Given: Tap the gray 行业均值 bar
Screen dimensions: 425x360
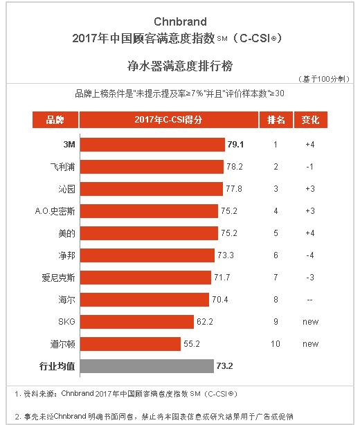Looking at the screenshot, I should tap(146, 365).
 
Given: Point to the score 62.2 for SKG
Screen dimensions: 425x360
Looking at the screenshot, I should tap(206, 321).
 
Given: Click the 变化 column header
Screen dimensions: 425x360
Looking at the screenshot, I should tap(311, 120).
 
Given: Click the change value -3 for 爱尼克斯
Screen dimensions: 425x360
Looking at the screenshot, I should tap(311, 277).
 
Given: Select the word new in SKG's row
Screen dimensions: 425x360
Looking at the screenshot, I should tap(311, 321).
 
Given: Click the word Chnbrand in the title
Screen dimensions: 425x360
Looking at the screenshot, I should tap(179, 21).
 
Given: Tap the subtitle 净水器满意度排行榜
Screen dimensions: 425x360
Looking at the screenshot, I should tap(179, 66).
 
